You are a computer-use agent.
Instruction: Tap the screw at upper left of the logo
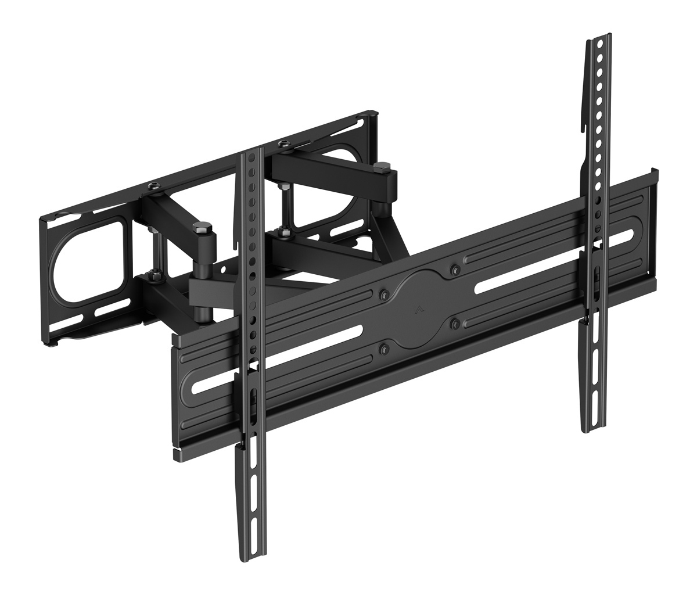[x=383, y=293]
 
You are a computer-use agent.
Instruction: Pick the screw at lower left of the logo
[x=383, y=350]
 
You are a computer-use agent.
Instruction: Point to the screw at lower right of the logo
[x=455, y=322]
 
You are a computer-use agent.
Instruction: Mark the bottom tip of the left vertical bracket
[x=246, y=557]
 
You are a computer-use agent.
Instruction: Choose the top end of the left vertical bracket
[x=251, y=152]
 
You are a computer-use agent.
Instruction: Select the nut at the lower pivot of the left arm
[x=153, y=273]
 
